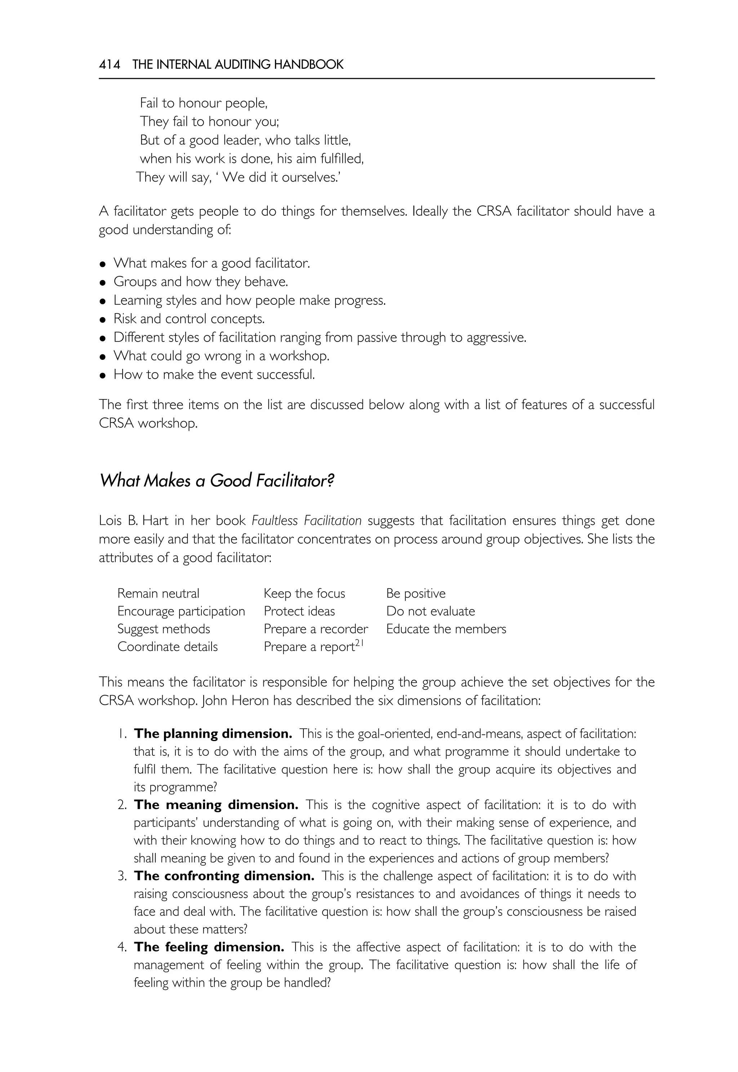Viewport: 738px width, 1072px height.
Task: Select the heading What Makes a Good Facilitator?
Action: tap(217, 481)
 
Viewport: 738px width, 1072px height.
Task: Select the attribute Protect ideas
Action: tap(299, 611)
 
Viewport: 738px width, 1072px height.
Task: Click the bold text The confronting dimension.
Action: tap(224, 876)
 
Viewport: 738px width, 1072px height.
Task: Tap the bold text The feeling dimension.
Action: tap(209, 947)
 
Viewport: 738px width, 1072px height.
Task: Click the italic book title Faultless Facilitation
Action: tap(306, 521)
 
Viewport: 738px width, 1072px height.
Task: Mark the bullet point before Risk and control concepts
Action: tap(103, 320)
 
